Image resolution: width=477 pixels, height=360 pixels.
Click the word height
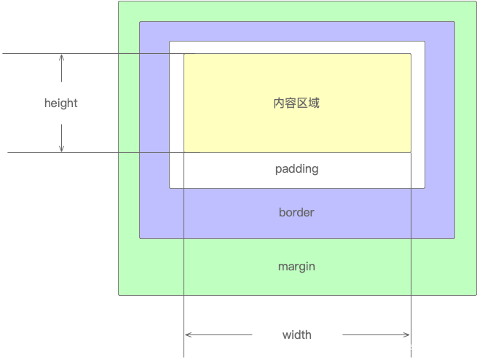(60, 103)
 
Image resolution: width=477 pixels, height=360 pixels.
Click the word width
(297, 334)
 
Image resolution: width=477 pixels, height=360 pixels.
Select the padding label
(296, 168)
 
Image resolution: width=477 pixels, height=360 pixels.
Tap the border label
(296, 213)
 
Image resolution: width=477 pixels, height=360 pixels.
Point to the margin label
(296, 266)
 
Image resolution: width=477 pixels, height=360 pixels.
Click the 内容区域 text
(296, 103)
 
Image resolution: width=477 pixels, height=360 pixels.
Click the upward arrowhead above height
(62, 57)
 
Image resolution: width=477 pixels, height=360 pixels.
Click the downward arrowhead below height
(62, 149)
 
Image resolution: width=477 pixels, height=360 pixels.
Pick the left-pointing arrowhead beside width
(188, 334)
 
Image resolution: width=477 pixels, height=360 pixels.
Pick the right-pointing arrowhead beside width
(407, 334)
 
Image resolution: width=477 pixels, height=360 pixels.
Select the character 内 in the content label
(279, 103)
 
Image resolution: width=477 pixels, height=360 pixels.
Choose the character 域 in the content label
(314, 103)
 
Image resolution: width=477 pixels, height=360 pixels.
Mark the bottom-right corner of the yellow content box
(411, 152)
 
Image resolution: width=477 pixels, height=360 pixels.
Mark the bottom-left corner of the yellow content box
(184, 152)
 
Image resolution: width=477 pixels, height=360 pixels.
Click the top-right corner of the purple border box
(454, 22)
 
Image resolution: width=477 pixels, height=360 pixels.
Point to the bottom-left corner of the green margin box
(119, 294)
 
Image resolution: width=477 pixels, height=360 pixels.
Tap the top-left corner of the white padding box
(170, 42)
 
